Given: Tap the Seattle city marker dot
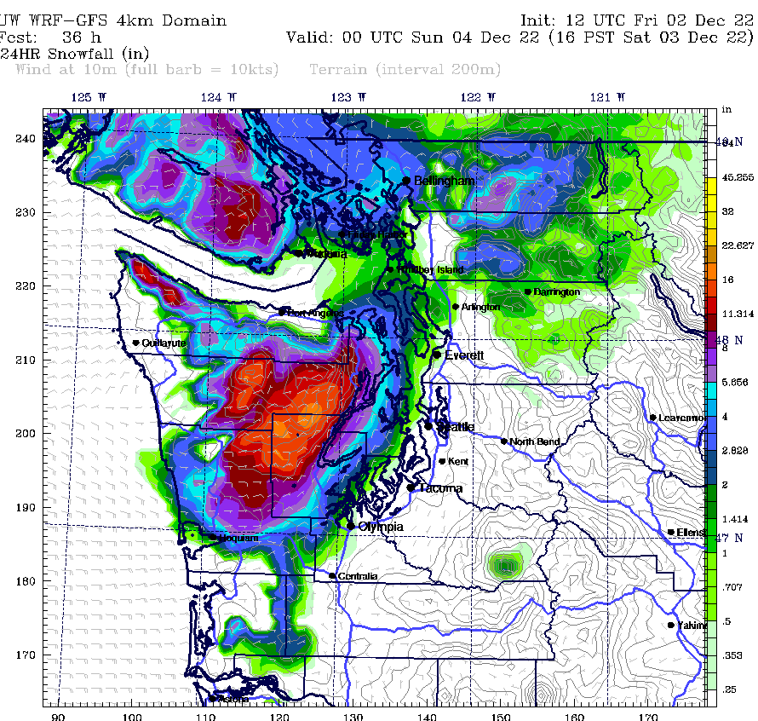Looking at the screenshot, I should point(429,424).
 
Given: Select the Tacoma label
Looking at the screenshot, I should point(440,488).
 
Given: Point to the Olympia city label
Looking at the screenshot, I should point(381,527).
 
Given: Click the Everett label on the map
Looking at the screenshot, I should point(464,355).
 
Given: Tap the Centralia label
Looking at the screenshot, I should point(358,577).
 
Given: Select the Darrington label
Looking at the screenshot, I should point(557,292).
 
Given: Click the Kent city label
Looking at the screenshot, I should point(458,461).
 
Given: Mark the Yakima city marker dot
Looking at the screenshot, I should point(671,625).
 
